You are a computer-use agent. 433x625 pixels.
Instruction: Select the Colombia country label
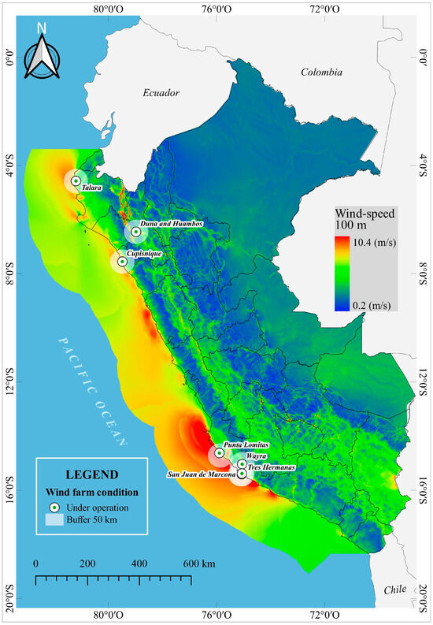321,73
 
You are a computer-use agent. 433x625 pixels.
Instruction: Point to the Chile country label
394,590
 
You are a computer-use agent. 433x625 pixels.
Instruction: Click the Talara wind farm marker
76,180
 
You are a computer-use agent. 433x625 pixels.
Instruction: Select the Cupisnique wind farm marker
122,262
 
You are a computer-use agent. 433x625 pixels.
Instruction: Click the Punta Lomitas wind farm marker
219,454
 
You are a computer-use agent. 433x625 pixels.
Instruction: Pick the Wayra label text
256,456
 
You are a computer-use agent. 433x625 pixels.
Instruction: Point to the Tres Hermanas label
268,467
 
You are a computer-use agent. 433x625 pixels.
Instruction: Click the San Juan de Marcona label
201,474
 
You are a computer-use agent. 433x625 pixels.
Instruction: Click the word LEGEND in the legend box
93,475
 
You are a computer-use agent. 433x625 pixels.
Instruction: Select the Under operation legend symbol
54,507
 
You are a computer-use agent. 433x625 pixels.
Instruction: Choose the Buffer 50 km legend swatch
54,520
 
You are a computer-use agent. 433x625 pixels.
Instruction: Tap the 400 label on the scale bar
139,564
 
